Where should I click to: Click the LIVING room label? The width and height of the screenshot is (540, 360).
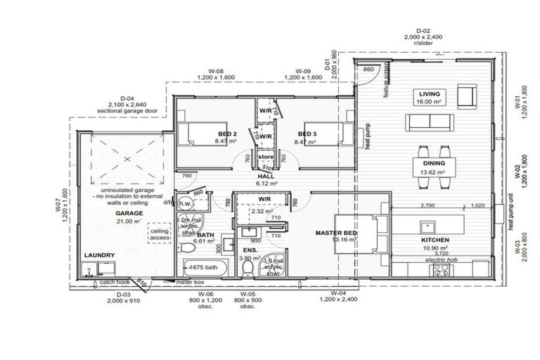click(428, 94)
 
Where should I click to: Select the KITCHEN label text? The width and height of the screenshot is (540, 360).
click(436, 240)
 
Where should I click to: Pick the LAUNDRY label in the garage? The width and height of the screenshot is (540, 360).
click(98, 256)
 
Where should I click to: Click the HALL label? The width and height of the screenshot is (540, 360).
click(266, 176)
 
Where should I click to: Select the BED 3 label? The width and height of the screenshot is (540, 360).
click(309, 134)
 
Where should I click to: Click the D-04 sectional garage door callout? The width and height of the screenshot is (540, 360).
click(127, 105)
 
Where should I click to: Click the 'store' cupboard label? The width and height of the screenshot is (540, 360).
click(265, 156)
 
